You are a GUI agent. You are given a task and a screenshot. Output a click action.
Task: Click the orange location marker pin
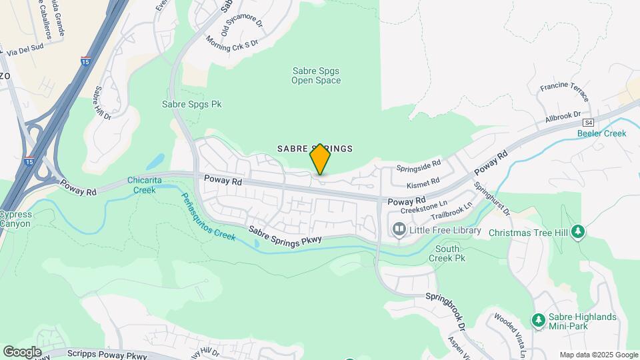click(x=320, y=159)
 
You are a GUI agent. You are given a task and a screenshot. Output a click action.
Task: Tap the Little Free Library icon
click(x=399, y=231)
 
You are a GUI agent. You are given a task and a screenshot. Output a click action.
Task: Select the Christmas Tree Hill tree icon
click(x=579, y=232)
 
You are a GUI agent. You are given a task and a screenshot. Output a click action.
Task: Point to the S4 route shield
click(x=588, y=123)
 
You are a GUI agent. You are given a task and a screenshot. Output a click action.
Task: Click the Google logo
click(x=22, y=351)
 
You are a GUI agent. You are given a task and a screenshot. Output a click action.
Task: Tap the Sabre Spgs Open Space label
click(x=316, y=75)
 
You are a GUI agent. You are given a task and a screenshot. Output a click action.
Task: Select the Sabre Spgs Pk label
click(x=191, y=105)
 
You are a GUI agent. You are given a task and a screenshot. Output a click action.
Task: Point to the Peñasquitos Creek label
click(x=207, y=217)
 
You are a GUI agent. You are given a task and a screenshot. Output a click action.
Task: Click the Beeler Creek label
click(x=601, y=133)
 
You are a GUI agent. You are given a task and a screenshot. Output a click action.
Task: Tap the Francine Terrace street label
click(x=564, y=87)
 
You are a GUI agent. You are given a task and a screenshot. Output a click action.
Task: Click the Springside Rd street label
click(x=419, y=163)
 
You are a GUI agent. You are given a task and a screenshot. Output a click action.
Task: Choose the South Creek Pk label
click(x=444, y=253)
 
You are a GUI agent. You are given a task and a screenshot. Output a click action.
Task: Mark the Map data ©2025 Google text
click(x=599, y=355)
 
